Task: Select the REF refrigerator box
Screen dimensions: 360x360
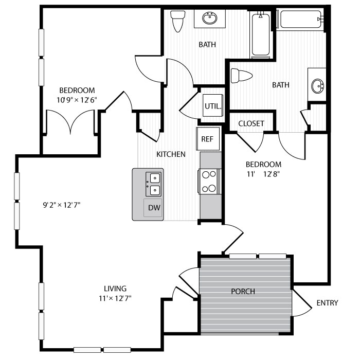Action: pos(208,139)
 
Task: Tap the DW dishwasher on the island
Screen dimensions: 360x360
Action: pos(153,208)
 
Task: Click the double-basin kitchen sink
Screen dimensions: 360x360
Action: pos(154,184)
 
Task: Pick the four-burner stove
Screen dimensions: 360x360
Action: pos(209,181)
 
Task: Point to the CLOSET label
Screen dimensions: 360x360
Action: pos(251,123)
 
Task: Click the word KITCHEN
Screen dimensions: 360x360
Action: pos(171,154)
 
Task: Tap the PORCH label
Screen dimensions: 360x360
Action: pos(243,291)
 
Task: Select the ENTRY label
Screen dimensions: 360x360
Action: pos(327,303)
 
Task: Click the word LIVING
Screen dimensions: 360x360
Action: pos(115,289)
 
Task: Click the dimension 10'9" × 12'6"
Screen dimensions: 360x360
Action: pos(77,99)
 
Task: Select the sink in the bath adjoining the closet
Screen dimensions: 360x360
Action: pos(318,85)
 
